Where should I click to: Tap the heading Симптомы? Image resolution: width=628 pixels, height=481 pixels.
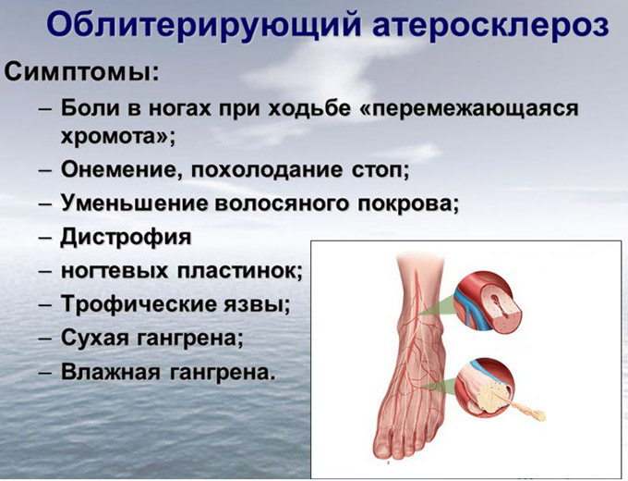pyautogui.click(x=82, y=72)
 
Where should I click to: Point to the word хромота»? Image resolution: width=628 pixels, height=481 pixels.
pyautogui.click(x=118, y=137)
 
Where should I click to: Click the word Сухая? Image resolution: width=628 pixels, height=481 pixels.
pyautogui.click(x=95, y=339)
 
